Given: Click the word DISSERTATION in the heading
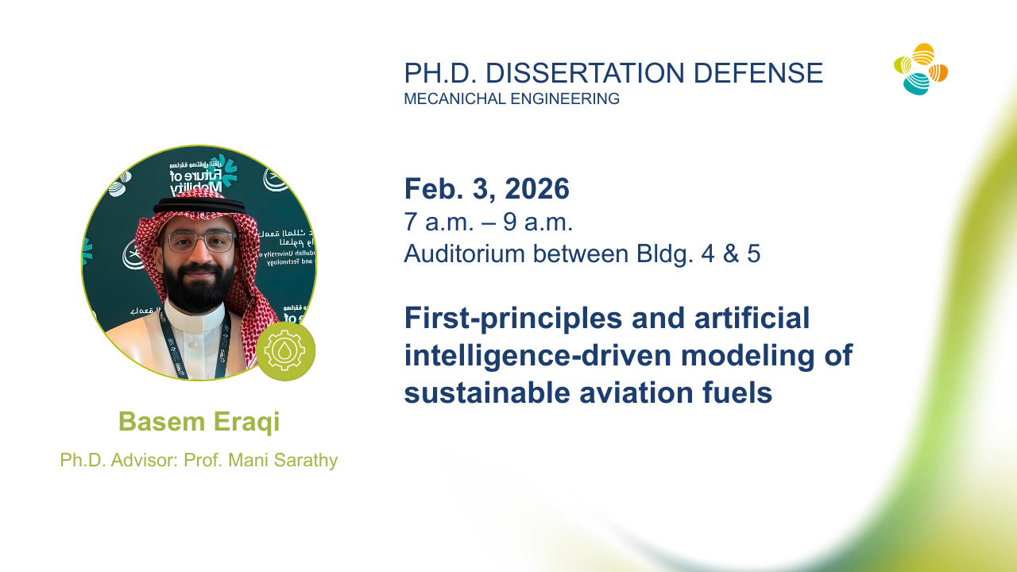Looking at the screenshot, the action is (x=585, y=73).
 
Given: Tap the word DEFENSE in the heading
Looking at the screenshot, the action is (x=758, y=73).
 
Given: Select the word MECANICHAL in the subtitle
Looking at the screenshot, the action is (x=454, y=99).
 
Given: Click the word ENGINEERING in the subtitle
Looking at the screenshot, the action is (x=565, y=99).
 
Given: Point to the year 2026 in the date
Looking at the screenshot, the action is (x=537, y=189).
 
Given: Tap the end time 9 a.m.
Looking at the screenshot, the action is (x=538, y=222).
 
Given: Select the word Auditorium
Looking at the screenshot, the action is (x=465, y=253).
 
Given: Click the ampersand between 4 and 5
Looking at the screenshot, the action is (x=731, y=253).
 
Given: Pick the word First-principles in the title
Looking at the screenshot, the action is (x=513, y=319).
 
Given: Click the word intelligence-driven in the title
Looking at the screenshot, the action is (x=538, y=355).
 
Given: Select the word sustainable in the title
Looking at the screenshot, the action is (x=487, y=392).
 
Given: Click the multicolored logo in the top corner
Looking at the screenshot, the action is (x=921, y=69).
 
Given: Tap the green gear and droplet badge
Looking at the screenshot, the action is (x=285, y=351).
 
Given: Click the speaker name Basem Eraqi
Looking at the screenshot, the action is (x=199, y=422).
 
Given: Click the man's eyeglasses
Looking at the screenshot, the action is (x=201, y=242).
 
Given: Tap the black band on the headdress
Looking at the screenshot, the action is (x=199, y=206).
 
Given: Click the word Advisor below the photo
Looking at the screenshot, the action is (x=145, y=460).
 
